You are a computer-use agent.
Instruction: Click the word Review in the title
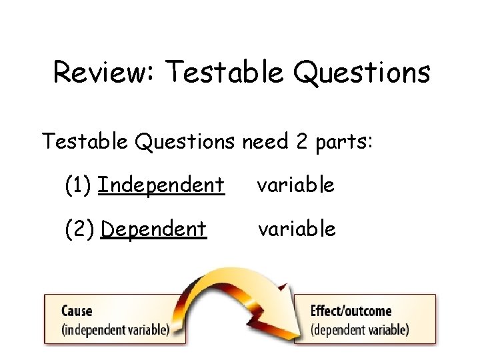click(104, 73)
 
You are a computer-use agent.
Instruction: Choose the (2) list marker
click(79, 229)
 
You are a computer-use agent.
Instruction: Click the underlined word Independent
click(161, 185)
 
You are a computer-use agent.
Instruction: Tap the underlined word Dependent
click(153, 229)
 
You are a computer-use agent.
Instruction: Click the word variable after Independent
click(296, 185)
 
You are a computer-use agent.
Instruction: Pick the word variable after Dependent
click(297, 229)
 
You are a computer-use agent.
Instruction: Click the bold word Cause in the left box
click(77, 311)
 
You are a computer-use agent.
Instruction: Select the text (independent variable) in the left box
click(115, 329)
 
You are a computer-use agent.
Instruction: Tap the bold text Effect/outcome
click(351, 311)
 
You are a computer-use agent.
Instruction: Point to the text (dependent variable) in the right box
click(359, 329)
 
